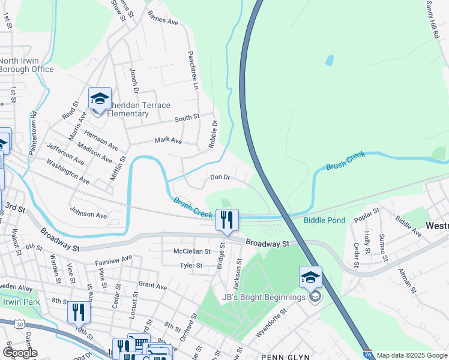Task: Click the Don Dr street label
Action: pos(220,177)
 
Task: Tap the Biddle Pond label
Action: pos(324,220)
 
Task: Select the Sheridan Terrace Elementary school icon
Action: pos(100,98)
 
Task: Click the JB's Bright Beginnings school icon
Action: pos(310,277)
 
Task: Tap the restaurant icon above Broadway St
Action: pos(227,220)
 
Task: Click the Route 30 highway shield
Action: pos(20,324)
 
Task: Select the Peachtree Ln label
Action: pos(194,70)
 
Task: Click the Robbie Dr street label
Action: pos(214,132)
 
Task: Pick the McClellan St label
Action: pos(192,252)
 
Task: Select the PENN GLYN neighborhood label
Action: pos(285,357)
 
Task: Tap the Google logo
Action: pos(19,352)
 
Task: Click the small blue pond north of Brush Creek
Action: pos(329,61)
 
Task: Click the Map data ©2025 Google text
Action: pos(412,355)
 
